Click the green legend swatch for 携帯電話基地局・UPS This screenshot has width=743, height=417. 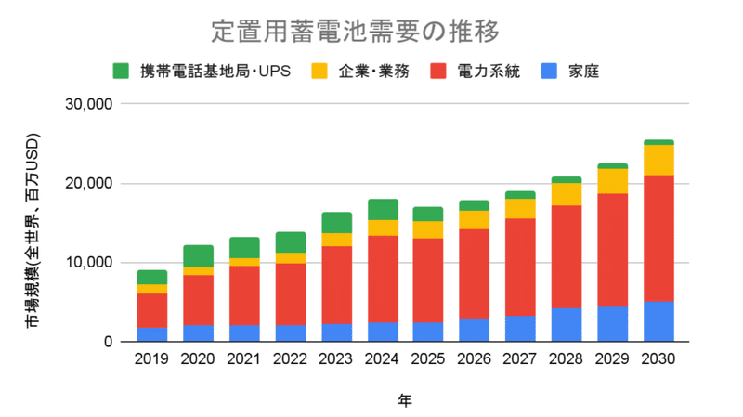pyautogui.click(x=122, y=71)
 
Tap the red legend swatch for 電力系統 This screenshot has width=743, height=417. pyautogui.click(x=439, y=71)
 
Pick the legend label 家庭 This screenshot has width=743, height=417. pyautogui.click(x=582, y=71)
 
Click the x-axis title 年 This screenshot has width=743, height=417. pyautogui.click(x=406, y=400)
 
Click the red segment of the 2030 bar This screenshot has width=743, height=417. pyautogui.click(x=658, y=238)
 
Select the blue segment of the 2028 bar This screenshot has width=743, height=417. pyautogui.click(x=567, y=324)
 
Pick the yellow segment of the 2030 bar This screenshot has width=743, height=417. pyautogui.click(x=658, y=160)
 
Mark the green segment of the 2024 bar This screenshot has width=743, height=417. pyautogui.click(x=384, y=209)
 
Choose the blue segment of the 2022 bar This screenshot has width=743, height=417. pyautogui.click(x=292, y=332)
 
